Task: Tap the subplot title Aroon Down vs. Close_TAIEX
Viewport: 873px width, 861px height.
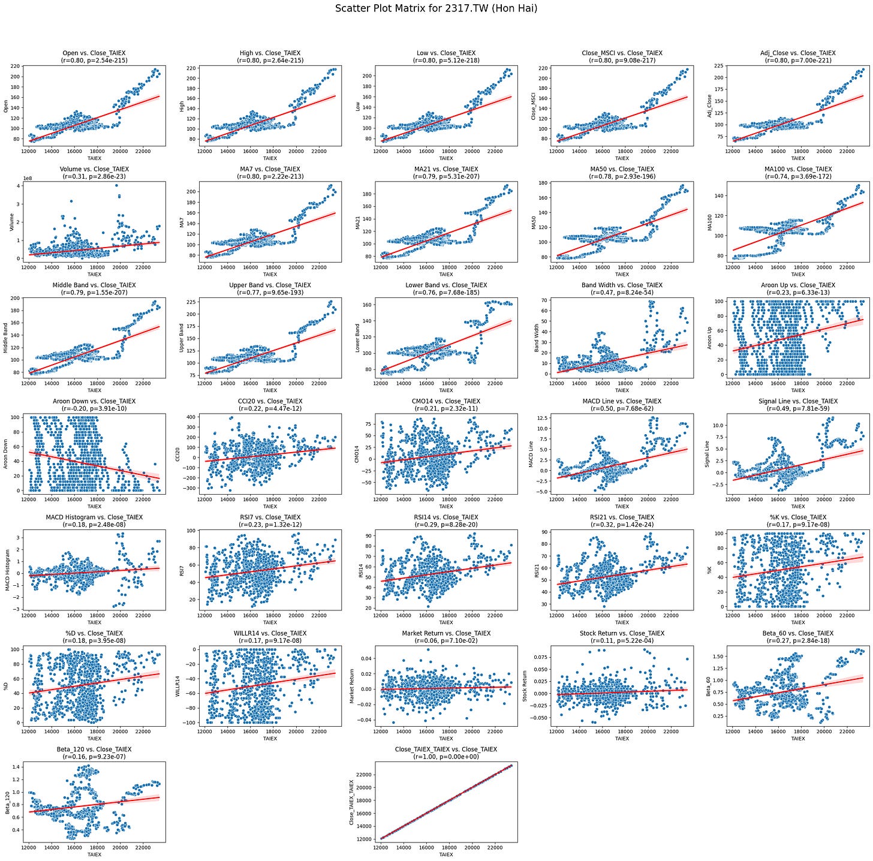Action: tap(94, 401)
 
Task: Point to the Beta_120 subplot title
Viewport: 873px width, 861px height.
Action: tap(94, 749)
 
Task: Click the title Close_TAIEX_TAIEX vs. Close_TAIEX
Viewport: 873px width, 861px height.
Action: tap(445, 749)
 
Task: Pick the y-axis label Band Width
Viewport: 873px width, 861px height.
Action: tap(537, 338)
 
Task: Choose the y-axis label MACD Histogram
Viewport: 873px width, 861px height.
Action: tap(8, 570)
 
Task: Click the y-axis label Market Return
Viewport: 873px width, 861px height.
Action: tap(351, 686)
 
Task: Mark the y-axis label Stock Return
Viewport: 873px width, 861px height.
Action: tap(525, 686)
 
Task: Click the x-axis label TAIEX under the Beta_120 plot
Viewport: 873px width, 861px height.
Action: tap(94, 854)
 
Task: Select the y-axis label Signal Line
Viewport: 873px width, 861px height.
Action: tap(707, 454)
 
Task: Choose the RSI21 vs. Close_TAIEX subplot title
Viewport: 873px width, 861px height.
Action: tap(622, 517)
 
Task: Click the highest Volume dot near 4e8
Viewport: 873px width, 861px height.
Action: tap(116, 185)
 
